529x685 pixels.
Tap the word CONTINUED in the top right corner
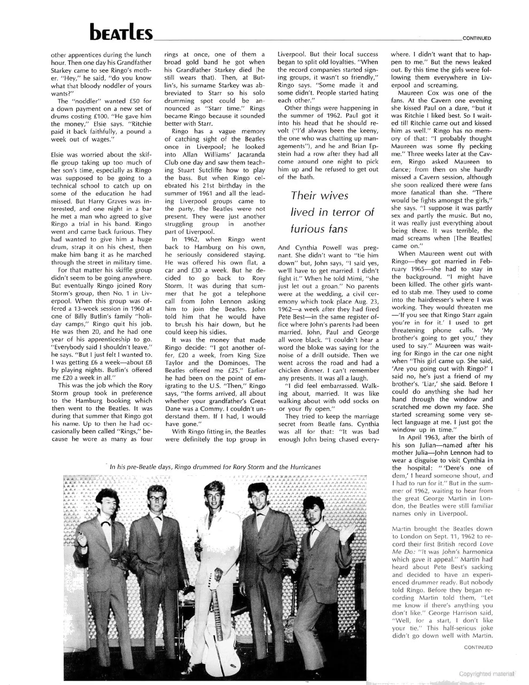tap(477, 38)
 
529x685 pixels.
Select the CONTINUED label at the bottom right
tap(478, 647)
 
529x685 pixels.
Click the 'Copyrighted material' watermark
tap(487, 674)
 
